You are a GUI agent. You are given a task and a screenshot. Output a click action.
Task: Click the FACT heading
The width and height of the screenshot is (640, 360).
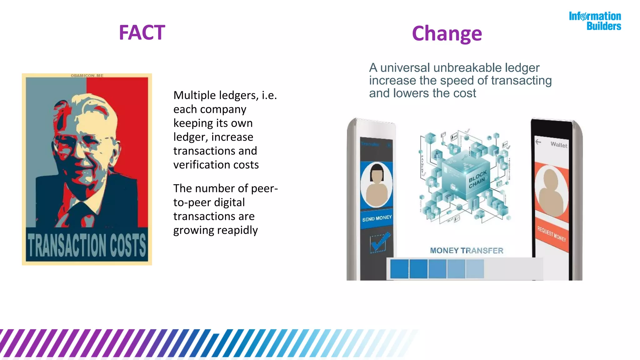[142, 32]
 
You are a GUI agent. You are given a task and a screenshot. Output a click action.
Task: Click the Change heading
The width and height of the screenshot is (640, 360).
[447, 34]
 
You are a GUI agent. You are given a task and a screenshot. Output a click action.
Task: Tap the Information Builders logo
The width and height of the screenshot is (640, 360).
[595, 21]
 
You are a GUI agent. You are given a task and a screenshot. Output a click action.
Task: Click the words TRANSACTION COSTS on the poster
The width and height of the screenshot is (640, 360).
[87, 245]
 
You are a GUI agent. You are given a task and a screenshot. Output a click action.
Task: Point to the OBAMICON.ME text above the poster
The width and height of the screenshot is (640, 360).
[87, 76]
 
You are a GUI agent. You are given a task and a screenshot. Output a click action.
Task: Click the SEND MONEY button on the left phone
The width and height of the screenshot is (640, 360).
[377, 218]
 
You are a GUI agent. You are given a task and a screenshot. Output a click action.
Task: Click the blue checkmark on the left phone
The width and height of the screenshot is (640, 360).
[379, 242]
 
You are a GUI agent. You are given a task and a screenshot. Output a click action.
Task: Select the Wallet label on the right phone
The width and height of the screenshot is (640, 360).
[559, 145]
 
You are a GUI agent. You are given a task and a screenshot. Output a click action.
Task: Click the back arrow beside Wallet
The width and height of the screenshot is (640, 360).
[538, 142]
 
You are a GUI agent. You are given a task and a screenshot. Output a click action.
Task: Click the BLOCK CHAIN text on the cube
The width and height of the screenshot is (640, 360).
[477, 179]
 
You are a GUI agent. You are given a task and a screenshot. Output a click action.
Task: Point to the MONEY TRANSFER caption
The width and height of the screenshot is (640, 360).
[467, 251]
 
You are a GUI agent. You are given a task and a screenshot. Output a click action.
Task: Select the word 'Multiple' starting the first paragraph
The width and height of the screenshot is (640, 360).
[193, 95]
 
